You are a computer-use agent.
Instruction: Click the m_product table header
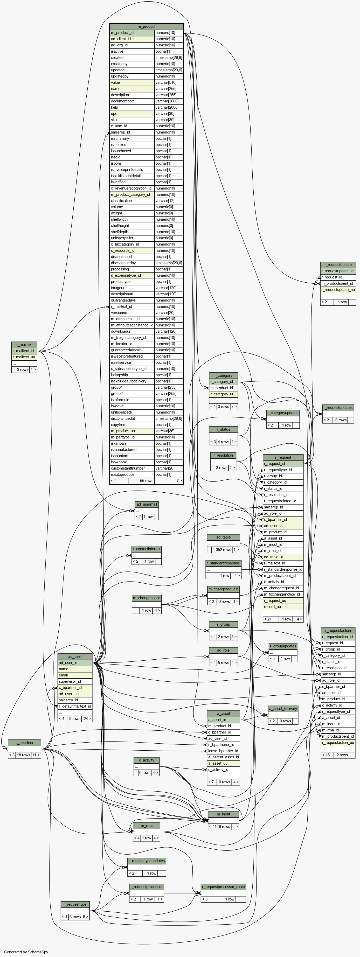click(146, 27)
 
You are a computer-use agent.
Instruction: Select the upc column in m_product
click(132, 114)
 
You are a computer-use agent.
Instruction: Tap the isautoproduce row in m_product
click(132, 474)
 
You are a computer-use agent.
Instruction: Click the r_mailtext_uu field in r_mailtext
click(24, 357)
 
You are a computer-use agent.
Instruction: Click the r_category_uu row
click(223, 394)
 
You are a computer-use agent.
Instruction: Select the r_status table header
click(223, 429)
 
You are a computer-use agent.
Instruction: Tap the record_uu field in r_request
click(283, 607)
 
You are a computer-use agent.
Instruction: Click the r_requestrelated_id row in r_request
click(283, 501)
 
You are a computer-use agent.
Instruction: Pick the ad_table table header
click(223, 537)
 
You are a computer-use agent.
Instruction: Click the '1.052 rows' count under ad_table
click(222, 549)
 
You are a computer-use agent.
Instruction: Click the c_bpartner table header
click(25, 743)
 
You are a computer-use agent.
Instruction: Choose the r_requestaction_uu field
click(338, 743)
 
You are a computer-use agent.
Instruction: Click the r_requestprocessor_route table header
click(223, 887)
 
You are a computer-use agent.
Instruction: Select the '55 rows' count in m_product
click(146, 481)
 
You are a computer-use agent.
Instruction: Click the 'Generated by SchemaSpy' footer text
click(26, 952)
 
